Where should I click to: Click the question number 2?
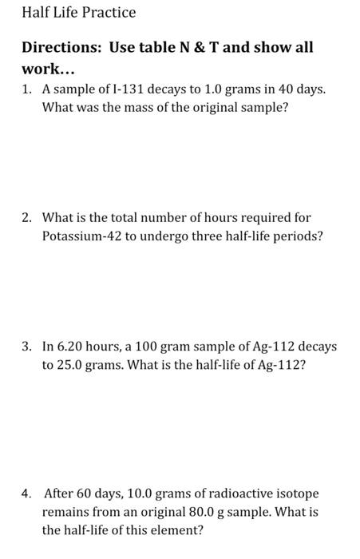pos(26,217)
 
